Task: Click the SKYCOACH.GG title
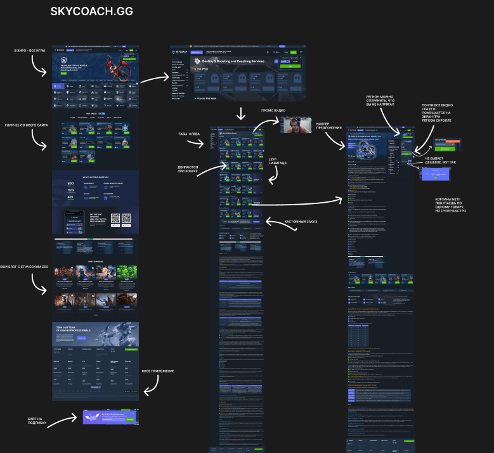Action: click(91, 11)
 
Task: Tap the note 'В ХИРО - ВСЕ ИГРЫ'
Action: click(28, 50)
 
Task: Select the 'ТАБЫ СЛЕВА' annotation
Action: click(189, 134)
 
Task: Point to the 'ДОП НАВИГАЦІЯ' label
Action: click(278, 161)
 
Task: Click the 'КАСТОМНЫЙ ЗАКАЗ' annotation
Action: click(300, 222)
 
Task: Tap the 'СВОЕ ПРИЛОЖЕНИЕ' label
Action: click(157, 371)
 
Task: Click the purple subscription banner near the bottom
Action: click(110, 417)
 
